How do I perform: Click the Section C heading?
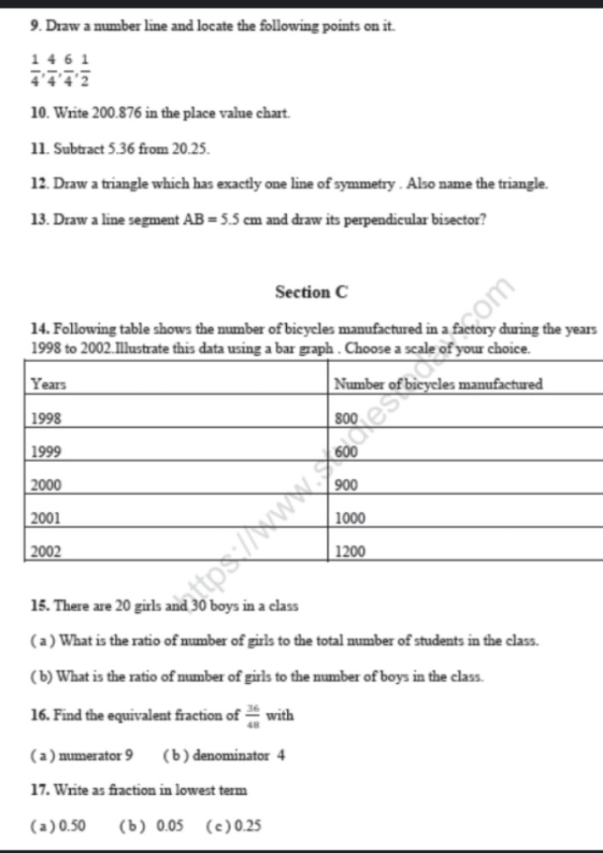click(312, 292)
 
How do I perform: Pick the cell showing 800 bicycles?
click(346, 418)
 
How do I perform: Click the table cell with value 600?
click(346, 452)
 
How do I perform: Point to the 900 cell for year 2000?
click(346, 485)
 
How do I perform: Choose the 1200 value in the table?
click(349, 552)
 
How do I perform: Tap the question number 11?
click(38, 148)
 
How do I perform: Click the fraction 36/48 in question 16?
click(253, 715)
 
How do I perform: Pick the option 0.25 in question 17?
click(249, 826)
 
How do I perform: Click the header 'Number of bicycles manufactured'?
click(438, 385)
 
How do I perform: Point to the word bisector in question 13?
click(458, 219)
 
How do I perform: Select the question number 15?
click(38, 606)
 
